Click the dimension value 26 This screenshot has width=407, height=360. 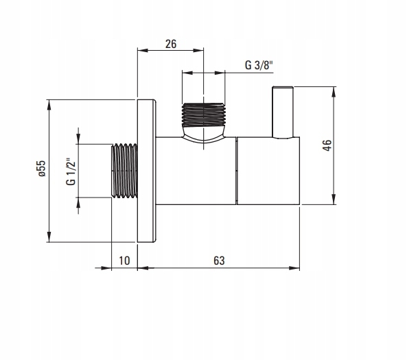coord(171,44)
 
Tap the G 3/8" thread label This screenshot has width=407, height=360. coord(259,65)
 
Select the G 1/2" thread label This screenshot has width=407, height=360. coord(71,171)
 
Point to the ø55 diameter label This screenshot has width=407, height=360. coord(42,168)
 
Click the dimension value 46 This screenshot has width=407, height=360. coord(327,145)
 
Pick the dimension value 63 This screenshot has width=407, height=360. coord(219,261)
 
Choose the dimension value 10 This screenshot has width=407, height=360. coord(124,261)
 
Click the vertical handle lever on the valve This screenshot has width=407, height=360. coord(283,112)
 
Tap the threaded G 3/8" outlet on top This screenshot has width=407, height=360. coord(203,115)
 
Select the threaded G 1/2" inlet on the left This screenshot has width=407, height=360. coord(124,171)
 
